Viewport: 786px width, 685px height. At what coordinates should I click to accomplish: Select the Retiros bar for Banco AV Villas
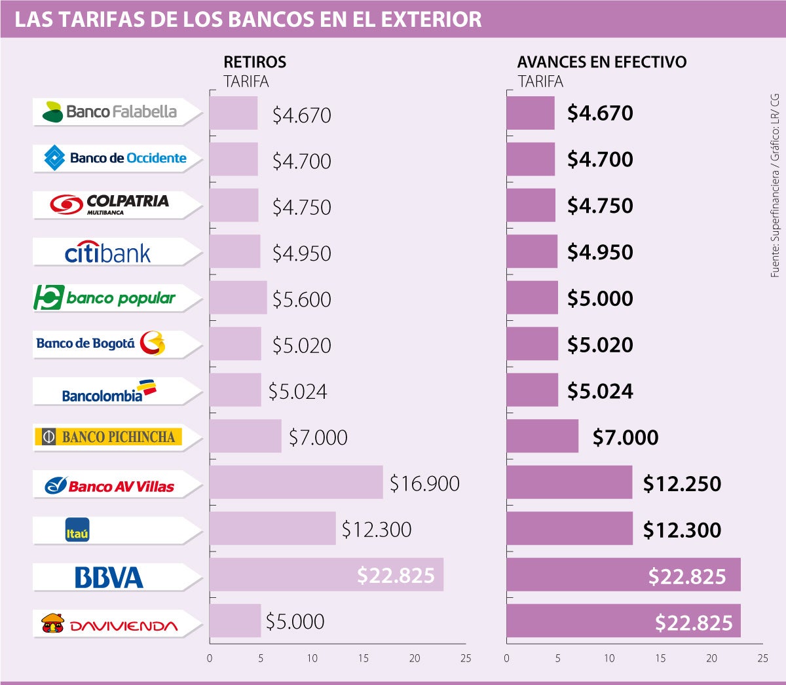click(296, 483)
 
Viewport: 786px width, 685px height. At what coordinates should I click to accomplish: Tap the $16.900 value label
click(424, 483)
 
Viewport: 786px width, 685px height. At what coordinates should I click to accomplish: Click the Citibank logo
click(108, 253)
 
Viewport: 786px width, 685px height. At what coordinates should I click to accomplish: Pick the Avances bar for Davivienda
click(623, 621)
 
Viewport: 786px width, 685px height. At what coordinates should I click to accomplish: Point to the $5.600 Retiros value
click(302, 299)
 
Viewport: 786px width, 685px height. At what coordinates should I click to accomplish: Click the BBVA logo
click(109, 578)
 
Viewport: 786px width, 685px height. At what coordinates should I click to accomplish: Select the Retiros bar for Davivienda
click(235, 621)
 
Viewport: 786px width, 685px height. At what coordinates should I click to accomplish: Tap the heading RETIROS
click(255, 62)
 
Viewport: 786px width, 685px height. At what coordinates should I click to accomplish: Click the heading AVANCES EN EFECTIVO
click(602, 62)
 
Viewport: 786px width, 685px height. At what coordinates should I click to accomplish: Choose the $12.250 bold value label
click(682, 483)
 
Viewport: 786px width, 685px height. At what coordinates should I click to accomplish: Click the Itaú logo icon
click(77, 530)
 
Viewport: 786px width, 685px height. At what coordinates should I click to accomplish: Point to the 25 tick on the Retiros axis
click(466, 658)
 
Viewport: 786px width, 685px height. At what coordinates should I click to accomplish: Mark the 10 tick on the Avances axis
click(609, 658)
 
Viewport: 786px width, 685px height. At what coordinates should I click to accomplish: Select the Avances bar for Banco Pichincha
click(542, 436)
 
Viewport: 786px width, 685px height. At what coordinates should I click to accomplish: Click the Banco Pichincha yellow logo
click(109, 437)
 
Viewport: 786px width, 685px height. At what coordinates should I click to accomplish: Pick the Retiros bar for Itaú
click(272, 528)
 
